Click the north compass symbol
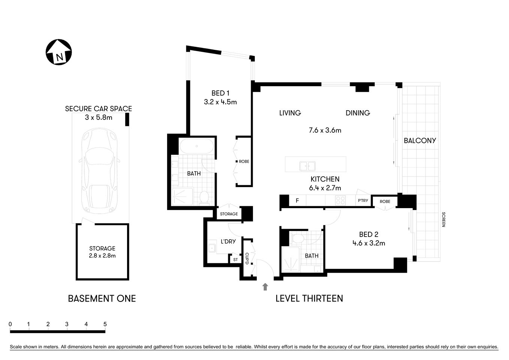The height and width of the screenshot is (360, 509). (x=58, y=52)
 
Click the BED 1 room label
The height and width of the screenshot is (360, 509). (x=220, y=93)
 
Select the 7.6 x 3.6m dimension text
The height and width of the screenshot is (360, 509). (x=325, y=130)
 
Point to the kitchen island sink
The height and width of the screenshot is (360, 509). (x=307, y=166)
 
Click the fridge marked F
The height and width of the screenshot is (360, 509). (x=297, y=201)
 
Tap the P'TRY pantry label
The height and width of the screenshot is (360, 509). (x=363, y=201)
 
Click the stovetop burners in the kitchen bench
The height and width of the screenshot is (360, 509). (x=340, y=201)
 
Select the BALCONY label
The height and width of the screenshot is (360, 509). (x=420, y=141)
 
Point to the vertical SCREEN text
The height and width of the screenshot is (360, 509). (x=443, y=219)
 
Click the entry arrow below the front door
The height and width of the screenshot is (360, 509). (x=265, y=287)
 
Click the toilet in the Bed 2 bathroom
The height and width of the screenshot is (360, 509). (x=298, y=238)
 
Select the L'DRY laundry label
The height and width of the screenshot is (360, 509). (x=228, y=241)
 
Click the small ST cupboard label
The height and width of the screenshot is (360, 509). (x=235, y=259)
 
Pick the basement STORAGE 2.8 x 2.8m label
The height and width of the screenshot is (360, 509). (x=102, y=252)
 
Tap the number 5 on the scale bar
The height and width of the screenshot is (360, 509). (x=105, y=324)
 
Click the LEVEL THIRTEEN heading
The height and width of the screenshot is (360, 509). (x=309, y=298)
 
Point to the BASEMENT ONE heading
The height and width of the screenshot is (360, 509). (x=102, y=298)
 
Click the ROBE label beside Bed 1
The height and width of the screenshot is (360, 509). (x=244, y=162)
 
